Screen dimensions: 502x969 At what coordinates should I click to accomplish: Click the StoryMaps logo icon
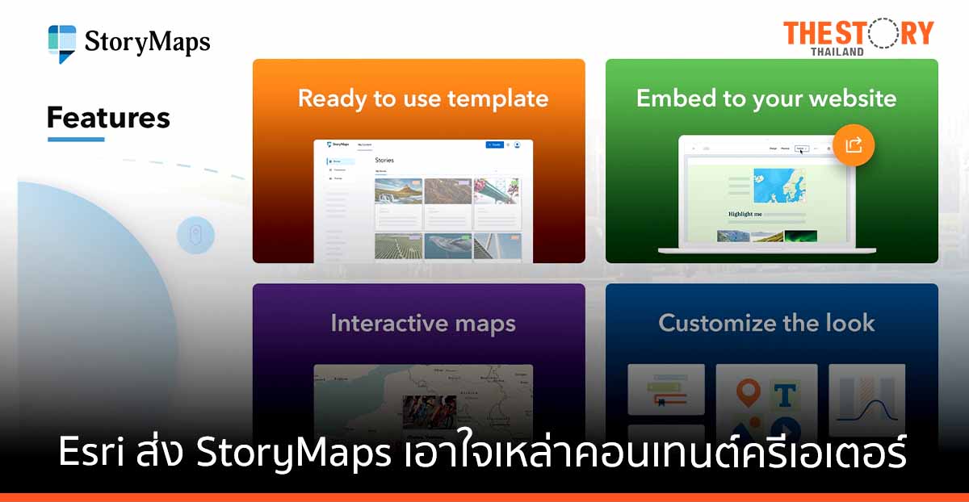tap(62, 43)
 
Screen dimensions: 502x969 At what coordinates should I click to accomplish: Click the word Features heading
tap(108, 118)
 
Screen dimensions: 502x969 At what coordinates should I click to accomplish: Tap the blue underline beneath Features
tap(76, 140)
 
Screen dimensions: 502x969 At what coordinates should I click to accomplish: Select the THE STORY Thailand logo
tap(858, 37)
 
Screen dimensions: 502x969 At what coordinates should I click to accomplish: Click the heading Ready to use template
tap(422, 98)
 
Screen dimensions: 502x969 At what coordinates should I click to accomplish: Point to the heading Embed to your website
tap(766, 98)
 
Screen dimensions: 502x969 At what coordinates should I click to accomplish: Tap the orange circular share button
tap(854, 145)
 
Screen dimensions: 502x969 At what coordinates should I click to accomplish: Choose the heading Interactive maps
tap(422, 324)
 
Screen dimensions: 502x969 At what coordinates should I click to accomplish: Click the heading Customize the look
tap(766, 323)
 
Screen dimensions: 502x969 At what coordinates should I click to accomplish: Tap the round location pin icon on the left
tap(195, 236)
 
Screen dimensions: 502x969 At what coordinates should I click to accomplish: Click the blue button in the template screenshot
tap(494, 144)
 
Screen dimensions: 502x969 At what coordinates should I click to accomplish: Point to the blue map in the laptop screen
tap(779, 185)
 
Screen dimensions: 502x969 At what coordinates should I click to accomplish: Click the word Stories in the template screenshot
tap(385, 161)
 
